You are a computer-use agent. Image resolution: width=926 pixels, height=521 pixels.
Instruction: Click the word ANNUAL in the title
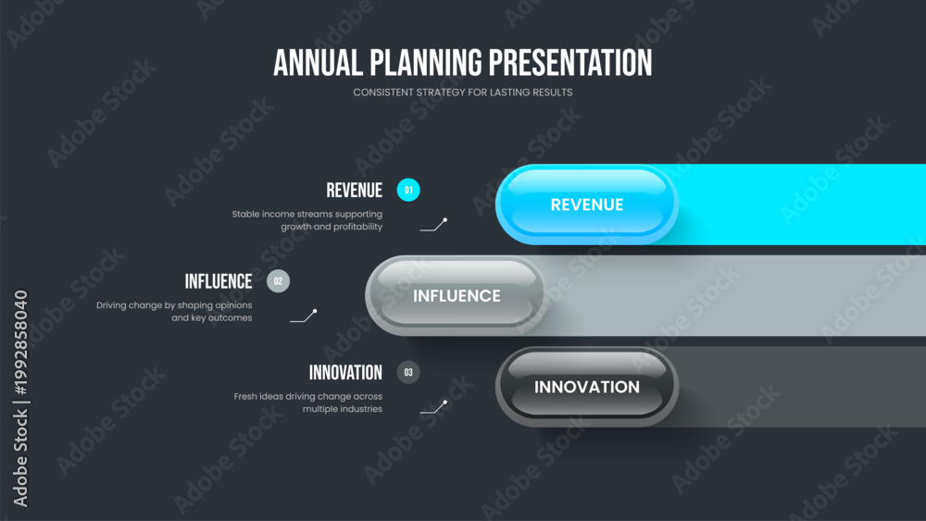coord(318,63)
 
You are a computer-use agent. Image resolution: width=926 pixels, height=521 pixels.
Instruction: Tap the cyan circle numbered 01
coord(408,190)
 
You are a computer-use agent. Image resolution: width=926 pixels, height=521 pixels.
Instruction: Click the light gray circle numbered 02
coord(278,281)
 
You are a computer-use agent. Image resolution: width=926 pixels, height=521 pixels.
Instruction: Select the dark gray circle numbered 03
coord(408,372)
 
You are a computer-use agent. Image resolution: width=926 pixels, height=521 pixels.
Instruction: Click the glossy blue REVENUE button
coord(587,205)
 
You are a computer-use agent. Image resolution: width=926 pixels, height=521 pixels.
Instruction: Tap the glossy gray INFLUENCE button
coord(457,295)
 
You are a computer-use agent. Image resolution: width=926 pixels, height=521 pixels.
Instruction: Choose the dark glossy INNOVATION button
coord(587,387)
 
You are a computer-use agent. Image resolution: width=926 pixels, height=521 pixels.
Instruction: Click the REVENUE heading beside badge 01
coord(355,191)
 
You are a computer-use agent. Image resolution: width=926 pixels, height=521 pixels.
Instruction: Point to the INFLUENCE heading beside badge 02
coord(219,281)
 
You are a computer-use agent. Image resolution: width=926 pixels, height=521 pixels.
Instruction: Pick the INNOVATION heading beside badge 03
coord(345,373)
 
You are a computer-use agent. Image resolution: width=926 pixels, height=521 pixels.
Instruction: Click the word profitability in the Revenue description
coord(357,227)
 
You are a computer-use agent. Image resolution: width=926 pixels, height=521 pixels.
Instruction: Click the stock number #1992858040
coord(20,342)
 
